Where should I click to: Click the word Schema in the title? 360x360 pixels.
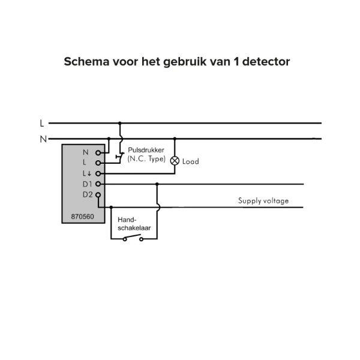[x=86, y=62]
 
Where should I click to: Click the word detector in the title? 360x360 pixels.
[x=266, y=62]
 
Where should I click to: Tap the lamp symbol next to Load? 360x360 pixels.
[x=175, y=161]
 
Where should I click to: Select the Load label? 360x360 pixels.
[x=191, y=161]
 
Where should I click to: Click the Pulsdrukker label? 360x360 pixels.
[x=146, y=150]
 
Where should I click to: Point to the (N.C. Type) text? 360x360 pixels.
[x=146, y=159]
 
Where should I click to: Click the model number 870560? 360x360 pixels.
[x=82, y=217]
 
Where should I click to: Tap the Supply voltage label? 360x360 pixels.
[x=263, y=201]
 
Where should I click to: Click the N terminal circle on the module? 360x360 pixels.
[x=98, y=152]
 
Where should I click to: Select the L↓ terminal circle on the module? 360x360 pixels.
[x=98, y=173]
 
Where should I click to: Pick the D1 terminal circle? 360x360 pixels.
[x=98, y=184]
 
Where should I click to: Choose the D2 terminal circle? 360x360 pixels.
[x=98, y=195]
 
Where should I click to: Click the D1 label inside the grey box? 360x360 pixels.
[x=87, y=184]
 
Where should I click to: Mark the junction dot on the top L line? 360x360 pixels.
[x=119, y=123]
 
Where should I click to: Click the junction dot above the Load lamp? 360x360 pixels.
[x=175, y=139]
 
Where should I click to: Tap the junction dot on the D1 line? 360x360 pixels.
[x=157, y=184]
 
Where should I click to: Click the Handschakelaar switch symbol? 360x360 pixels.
[x=133, y=238]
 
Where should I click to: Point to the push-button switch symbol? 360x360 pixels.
[x=120, y=156]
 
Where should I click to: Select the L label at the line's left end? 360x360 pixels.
[x=42, y=123]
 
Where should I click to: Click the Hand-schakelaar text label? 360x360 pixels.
[x=134, y=224]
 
